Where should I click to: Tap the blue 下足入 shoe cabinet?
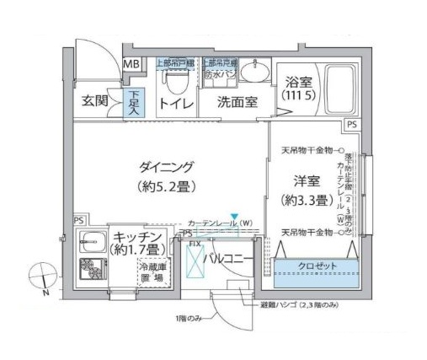point(134,102)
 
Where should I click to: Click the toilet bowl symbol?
point(175,82)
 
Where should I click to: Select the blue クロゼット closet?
point(315,266)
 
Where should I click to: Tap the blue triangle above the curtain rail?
point(236,217)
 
